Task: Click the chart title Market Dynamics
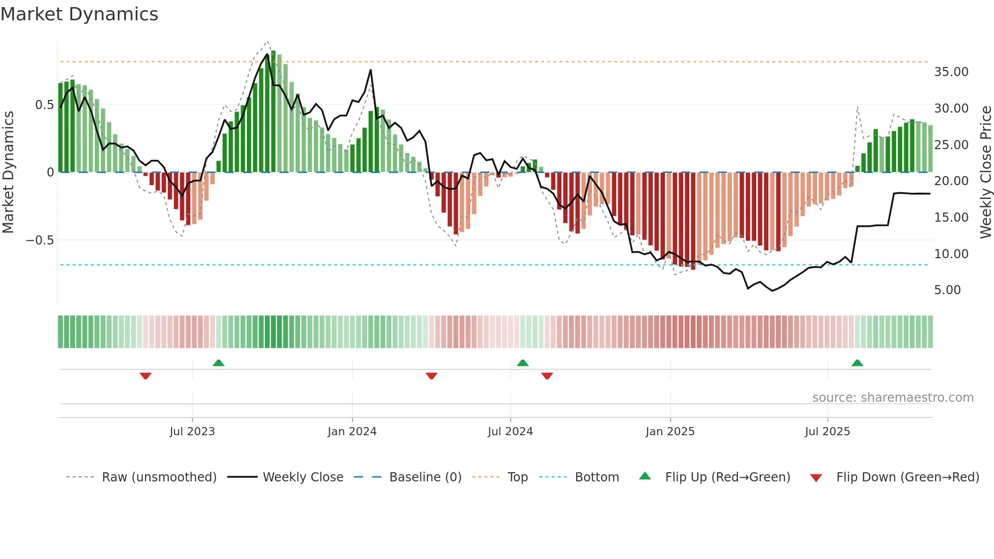click(x=79, y=14)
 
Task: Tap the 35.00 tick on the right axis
click(x=951, y=72)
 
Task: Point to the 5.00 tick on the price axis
click(x=947, y=290)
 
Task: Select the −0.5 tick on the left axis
click(x=40, y=240)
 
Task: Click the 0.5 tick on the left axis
click(x=44, y=105)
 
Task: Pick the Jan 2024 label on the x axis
click(x=352, y=432)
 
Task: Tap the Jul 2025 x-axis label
click(x=827, y=432)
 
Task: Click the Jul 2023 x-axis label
click(x=192, y=432)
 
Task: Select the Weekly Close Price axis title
click(x=985, y=172)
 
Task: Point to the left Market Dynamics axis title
click(x=8, y=172)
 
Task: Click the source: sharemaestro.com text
click(x=893, y=398)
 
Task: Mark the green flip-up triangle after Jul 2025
click(x=857, y=363)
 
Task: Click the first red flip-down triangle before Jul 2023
click(x=146, y=376)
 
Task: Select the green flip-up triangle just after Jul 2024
click(x=522, y=363)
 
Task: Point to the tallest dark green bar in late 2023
click(x=273, y=112)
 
